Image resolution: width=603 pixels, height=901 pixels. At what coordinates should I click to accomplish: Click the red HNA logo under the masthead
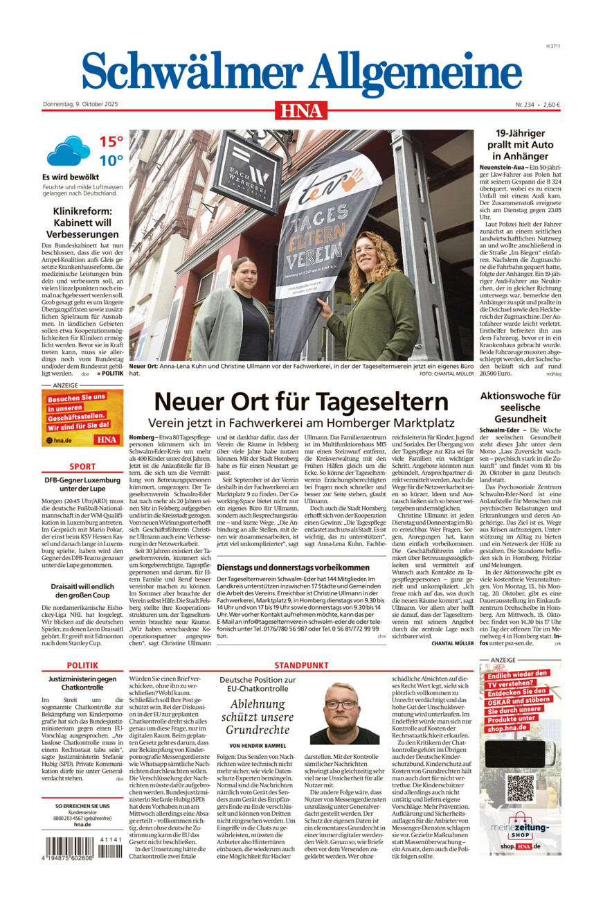click(x=301, y=110)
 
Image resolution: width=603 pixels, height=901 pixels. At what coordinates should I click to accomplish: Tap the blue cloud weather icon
click(x=68, y=150)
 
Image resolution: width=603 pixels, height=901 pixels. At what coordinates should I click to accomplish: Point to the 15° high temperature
click(x=111, y=142)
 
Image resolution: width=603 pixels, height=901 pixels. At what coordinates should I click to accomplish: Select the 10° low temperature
click(x=111, y=161)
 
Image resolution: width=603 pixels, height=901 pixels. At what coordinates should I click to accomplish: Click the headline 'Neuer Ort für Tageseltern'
click(x=301, y=401)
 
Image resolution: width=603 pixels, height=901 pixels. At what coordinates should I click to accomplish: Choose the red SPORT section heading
click(x=82, y=466)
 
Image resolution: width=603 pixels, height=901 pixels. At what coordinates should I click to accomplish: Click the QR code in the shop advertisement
click(x=520, y=788)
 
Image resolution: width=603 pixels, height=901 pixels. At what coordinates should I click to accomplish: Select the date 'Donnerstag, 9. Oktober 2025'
click(x=81, y=105)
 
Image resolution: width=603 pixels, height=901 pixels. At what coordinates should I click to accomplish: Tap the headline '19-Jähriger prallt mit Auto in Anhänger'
click(x=520, y=144)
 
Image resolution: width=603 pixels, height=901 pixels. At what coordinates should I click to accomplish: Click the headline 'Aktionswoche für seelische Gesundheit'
click(x=520, y=408)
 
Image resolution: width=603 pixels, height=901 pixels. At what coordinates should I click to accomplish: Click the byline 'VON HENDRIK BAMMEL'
click(x=258, y=745)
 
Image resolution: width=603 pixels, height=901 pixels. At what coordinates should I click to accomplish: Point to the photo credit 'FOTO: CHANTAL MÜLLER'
click(x=446, y=374)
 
